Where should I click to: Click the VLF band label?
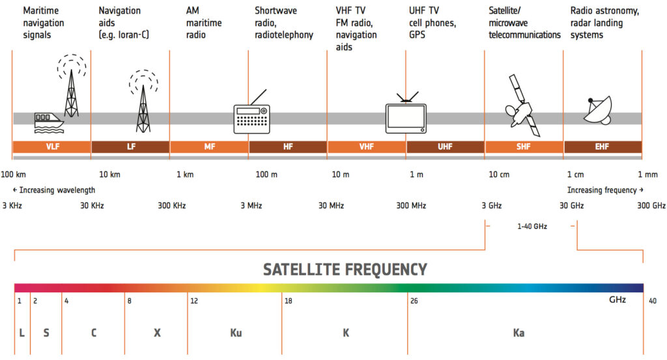point(52,147)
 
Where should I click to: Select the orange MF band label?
point(209,147)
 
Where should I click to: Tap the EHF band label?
point(602,147)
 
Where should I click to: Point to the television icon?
point(406,116)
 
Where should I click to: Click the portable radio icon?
point(251,117)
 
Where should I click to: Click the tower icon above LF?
point(143,101)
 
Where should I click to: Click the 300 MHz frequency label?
point(411,206)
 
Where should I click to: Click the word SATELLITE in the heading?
point(305,270)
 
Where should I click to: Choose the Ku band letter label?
point(236,333)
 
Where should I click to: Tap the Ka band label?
point(518,333)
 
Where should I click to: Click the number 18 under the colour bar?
point(288,301)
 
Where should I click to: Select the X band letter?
point(157,333)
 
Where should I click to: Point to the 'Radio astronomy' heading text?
point(604,11)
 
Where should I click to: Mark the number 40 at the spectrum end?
point(653,301)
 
